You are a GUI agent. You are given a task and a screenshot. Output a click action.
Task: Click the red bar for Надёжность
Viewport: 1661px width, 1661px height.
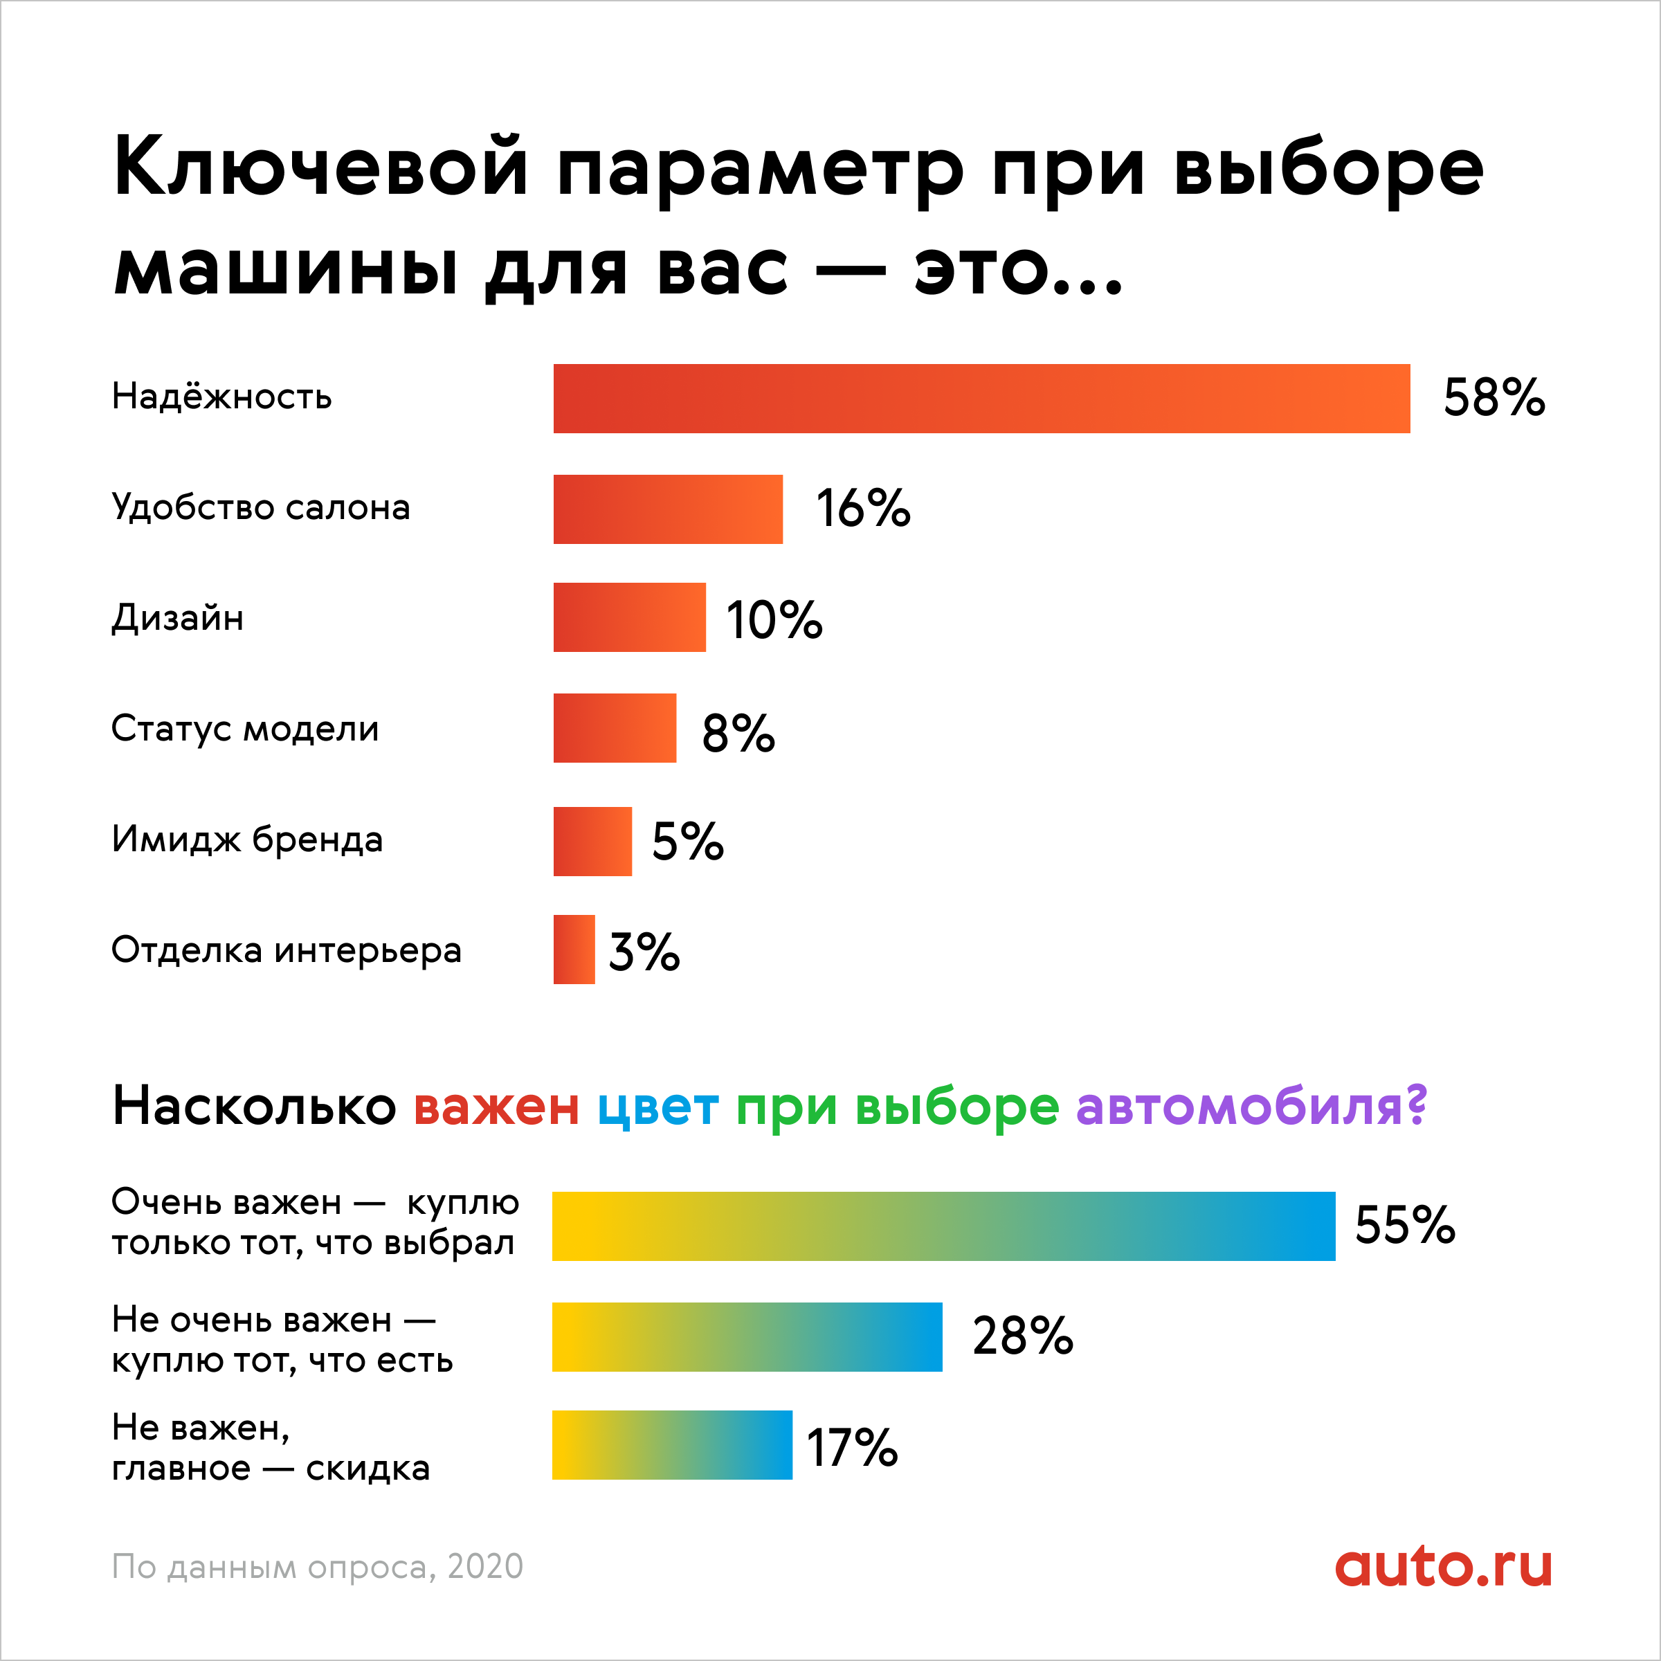(x=981, y=398)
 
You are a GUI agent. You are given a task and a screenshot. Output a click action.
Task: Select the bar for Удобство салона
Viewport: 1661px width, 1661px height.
(x=668, y=509)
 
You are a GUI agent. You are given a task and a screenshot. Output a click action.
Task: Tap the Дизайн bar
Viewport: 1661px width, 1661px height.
(x=629, y=617)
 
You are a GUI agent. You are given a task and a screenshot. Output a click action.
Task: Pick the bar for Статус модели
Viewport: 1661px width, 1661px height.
(x=615, y=728)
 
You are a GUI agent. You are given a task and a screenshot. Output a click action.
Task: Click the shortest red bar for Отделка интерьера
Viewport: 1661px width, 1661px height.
(x=574, y=949)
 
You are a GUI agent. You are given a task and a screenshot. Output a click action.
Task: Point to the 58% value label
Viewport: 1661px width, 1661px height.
(x=1494, y=398)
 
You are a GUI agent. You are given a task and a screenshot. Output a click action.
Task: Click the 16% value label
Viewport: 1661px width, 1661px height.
(x=862, y=508)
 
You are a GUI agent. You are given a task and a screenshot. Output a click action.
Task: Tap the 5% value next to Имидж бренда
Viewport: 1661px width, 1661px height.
(x=688, y=841)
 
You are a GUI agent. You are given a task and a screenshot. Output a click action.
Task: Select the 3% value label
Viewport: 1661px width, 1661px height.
(x=644, y=952)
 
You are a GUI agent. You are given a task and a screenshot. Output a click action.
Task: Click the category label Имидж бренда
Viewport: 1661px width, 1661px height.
(x=247, y=839)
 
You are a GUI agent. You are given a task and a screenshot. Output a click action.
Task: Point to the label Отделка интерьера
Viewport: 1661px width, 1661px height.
(x=287, y=950)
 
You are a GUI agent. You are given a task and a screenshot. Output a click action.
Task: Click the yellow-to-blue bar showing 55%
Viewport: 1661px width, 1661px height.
(x=943, y=1226)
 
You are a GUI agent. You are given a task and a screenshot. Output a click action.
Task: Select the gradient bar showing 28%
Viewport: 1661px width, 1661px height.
(x=747, y=1337)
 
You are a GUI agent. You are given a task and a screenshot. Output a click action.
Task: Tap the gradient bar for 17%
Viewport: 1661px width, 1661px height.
(x=671, y=1445)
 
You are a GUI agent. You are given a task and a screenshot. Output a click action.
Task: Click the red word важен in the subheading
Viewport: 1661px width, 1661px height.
(x=496, y=1107)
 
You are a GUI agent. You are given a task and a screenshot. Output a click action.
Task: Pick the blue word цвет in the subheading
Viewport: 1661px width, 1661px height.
(x=657, y=1107)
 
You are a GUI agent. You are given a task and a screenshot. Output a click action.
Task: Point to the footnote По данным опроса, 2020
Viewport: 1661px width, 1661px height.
(x=317, y=1566)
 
